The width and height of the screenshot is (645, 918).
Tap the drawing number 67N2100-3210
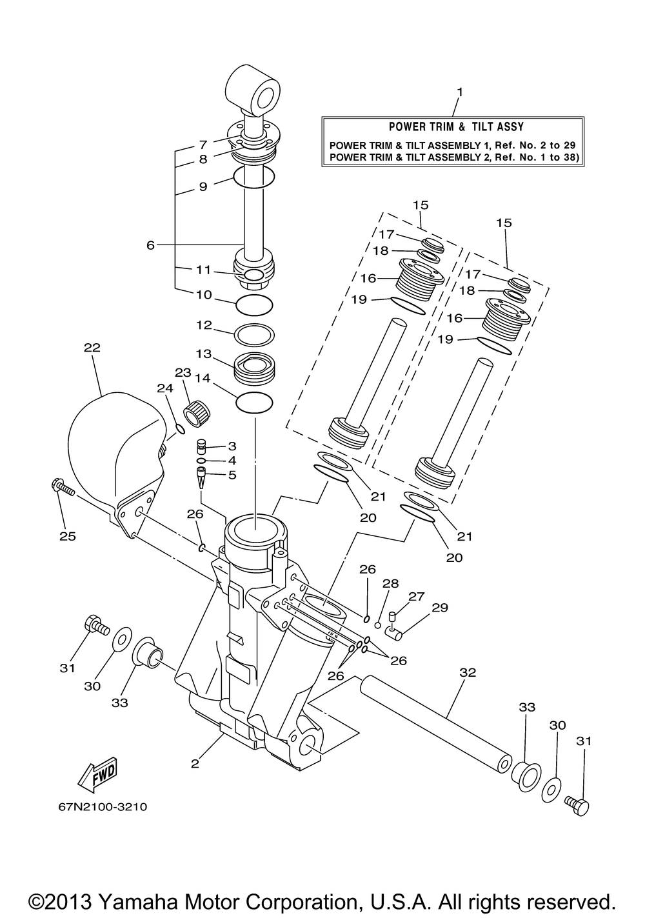coord(103,807)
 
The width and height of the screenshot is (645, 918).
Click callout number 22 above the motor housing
coord(92,348)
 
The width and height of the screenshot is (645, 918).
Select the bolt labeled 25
coord(63,488)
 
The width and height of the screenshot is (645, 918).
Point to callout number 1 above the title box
coord(460,92)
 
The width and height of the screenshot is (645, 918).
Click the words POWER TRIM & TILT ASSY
coord(456,126)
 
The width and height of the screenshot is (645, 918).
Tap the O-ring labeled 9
coord(254,177)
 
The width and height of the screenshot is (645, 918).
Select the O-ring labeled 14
coord(254,402)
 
